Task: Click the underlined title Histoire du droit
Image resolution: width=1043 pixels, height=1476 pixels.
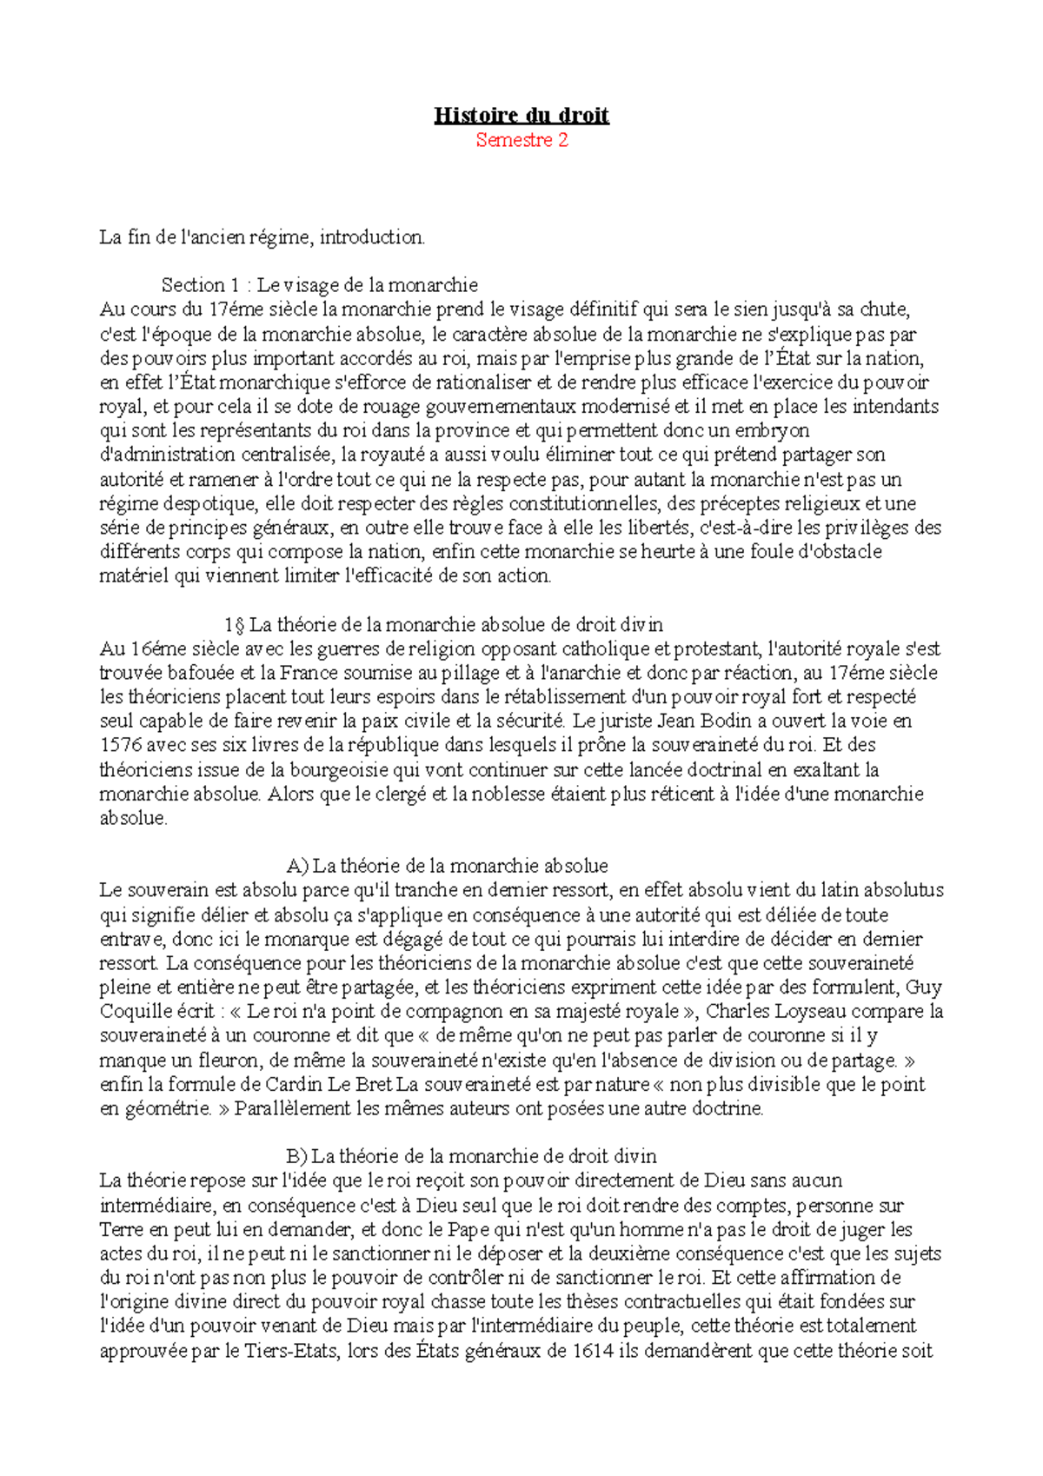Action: click(521, 116)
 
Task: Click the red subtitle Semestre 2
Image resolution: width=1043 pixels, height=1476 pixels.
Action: click(521, 140)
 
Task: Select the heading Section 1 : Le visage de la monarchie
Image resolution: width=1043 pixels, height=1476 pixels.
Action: click(319, 285)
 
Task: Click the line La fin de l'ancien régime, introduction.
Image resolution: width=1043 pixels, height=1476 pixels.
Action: click(262, 236)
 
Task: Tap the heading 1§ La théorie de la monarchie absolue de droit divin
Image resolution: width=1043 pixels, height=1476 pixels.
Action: click(443, 624)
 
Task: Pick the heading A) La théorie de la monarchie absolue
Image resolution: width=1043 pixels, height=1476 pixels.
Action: click(447, 866)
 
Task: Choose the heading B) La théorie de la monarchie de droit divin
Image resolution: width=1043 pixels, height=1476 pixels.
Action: click(470, 1156)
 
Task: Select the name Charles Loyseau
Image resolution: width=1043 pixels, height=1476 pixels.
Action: click(771, 1011)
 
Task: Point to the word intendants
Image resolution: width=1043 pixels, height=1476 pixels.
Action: click(895, 406)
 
